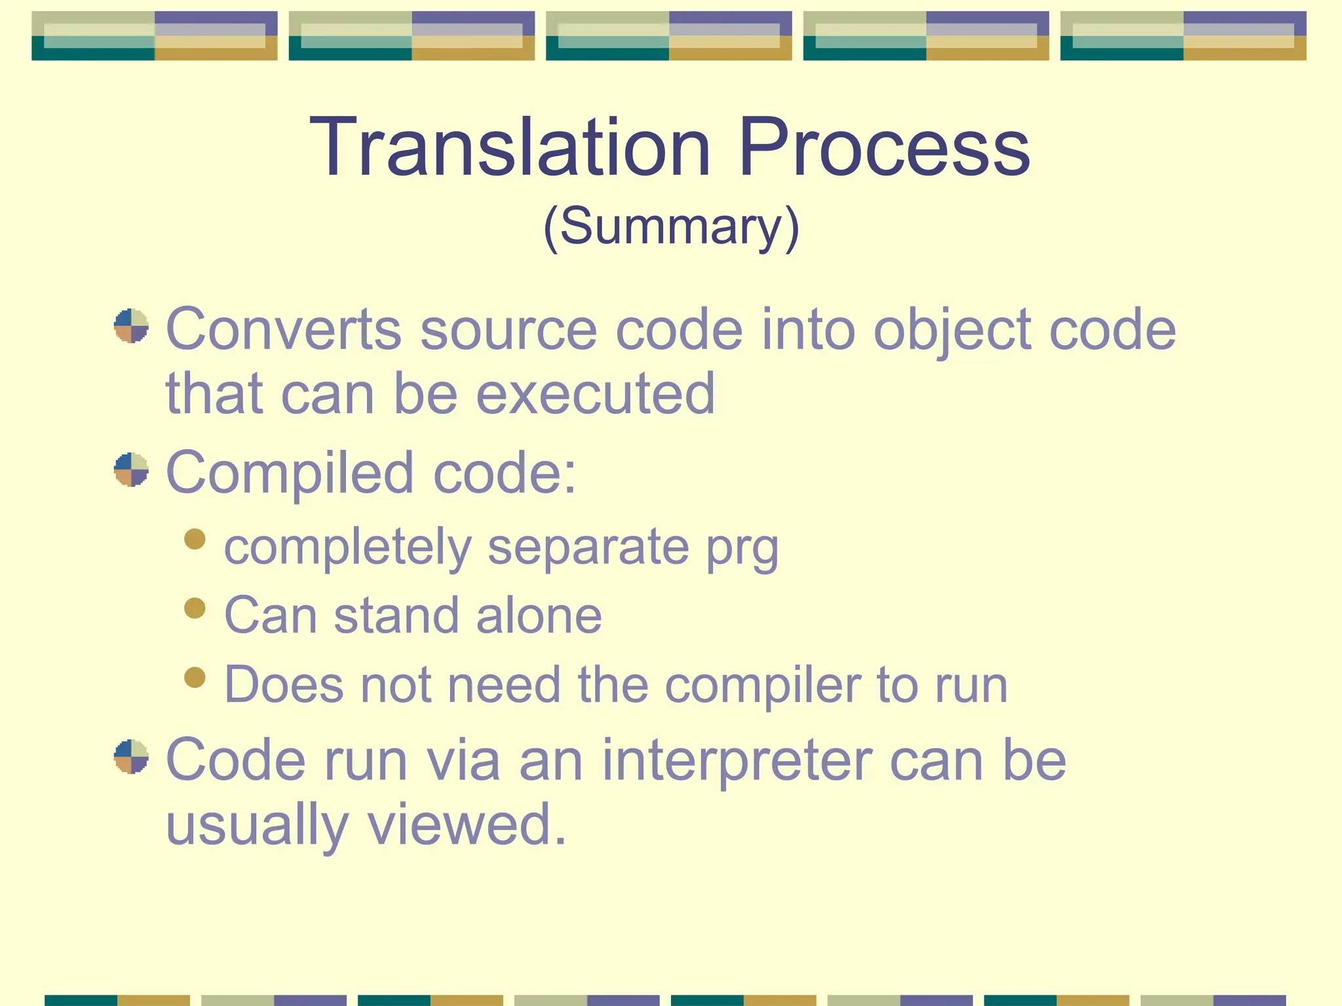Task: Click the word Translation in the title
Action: pos(510,147)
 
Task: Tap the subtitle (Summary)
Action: pos(671,227)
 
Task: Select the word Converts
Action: pos(283,329)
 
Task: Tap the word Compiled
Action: pos(290,473)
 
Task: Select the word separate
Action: pos(588,548)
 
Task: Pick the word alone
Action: pos(539,616)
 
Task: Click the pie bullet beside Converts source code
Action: pos(131,326)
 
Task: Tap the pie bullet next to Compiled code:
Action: pos(131,470)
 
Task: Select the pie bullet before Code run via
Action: pos(131,756)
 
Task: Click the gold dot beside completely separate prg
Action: pos(195,539)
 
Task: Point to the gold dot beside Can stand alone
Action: pos(195,608)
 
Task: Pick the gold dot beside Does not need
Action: pos(195,677)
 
